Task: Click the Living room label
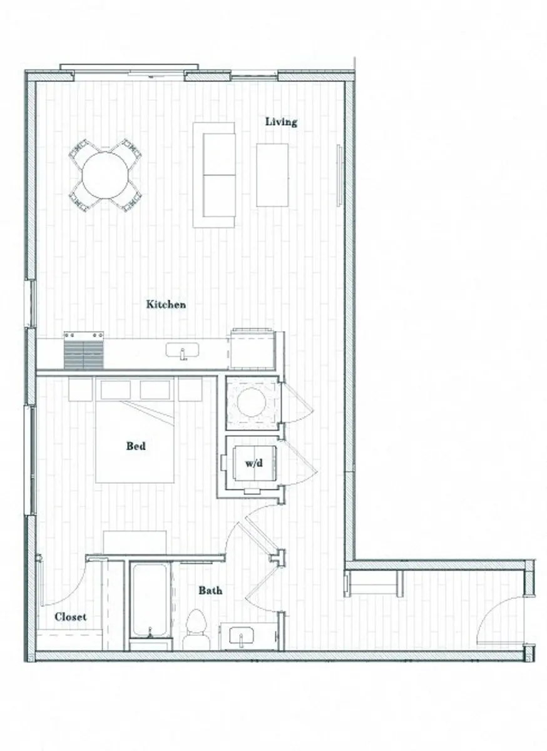click(281, 121)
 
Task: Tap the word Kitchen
click(166, 305)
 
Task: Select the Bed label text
click(136, 446)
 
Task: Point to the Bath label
click(210, 590)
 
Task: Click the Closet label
click(70, 617)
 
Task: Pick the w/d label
click(253, 464)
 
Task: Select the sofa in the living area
click(214, 175)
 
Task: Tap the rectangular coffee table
click(272, 175)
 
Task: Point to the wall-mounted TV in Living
click(339, 175)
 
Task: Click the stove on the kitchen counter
click(83, 352)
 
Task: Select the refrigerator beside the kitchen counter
click(252, 349)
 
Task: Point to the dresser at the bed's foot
click(135, 541)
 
